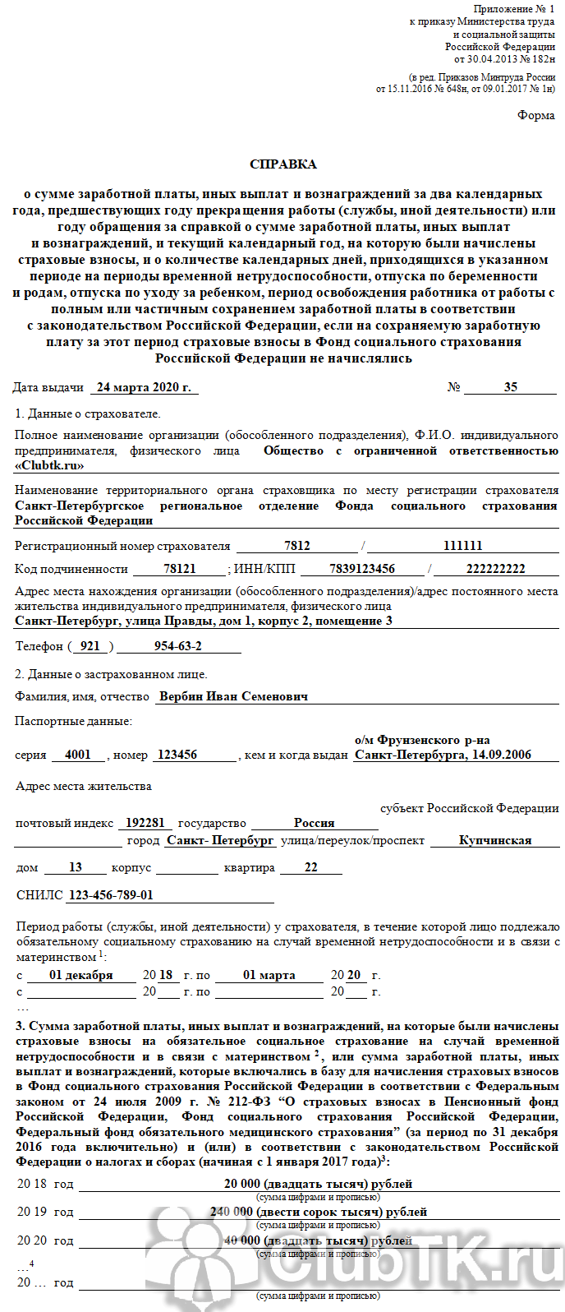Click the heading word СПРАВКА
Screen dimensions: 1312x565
282,164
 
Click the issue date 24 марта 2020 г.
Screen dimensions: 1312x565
144,387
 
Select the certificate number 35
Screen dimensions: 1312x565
510,387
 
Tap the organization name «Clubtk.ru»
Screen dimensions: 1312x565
50,465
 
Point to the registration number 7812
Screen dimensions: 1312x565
296,546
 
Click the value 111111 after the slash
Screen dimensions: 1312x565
462,546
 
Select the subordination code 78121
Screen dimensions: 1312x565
179,569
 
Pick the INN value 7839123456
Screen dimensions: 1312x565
361,569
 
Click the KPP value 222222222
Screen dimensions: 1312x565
495,569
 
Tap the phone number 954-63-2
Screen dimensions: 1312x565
177,646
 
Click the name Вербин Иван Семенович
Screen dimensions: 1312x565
233,696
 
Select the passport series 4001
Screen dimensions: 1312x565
78,755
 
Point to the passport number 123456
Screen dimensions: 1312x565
177,755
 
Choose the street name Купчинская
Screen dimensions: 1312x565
495,841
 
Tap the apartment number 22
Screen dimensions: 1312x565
310,867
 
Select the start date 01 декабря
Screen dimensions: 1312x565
80,975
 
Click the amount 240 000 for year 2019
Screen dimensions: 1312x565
232,1212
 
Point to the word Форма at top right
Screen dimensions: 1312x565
535,116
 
